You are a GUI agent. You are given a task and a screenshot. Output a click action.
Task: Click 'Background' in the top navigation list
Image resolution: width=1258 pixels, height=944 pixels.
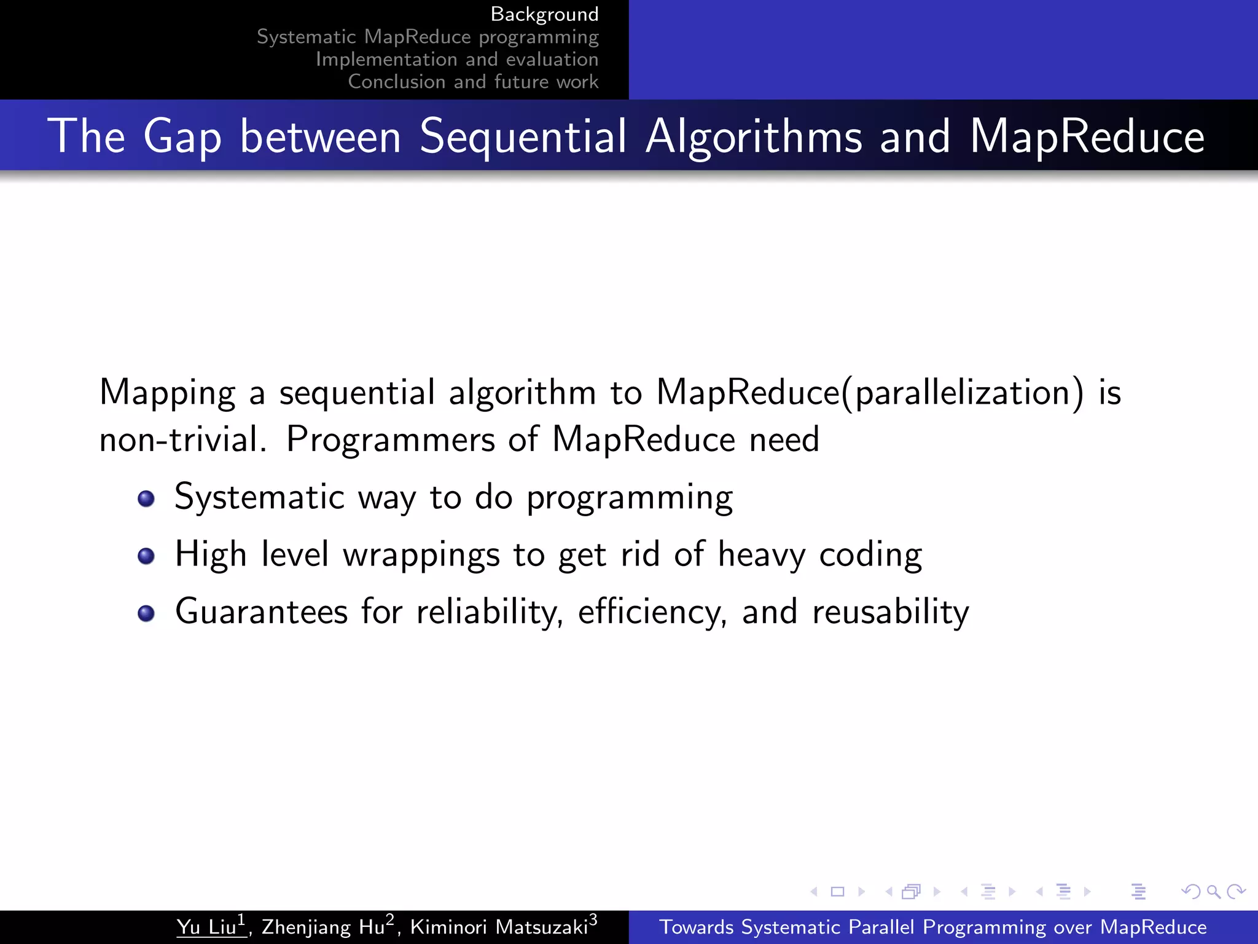point(544,14)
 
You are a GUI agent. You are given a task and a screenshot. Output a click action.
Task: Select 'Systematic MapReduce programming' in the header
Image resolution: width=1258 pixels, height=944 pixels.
point(428,37)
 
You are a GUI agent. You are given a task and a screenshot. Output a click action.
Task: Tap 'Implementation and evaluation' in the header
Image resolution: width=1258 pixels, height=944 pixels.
point(457,60)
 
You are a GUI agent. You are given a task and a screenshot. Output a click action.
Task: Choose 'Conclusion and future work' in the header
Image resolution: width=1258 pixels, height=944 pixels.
point(473,82)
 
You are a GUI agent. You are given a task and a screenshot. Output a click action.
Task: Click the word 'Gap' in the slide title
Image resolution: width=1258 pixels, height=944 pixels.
point(182,136)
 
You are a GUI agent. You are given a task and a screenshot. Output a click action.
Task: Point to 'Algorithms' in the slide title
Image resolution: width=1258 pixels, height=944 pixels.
point(754,136)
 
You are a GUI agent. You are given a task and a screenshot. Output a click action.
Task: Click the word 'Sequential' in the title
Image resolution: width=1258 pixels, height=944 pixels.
point(523,136)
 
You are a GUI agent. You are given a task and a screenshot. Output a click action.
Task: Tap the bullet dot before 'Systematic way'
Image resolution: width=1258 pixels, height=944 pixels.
point(146,498)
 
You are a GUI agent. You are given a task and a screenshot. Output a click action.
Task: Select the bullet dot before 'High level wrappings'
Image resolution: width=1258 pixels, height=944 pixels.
point(146,556)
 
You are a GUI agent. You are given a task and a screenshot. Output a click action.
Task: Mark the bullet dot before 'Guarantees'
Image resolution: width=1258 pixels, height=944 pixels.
point(146,613)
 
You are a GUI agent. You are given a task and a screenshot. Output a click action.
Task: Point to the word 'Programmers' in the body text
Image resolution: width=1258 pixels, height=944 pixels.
point(391,440)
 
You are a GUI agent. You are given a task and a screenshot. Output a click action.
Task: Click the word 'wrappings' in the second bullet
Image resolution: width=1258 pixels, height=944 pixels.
point(421,555)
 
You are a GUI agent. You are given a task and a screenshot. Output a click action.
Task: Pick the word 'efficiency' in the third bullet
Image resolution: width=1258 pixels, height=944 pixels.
point(651,612)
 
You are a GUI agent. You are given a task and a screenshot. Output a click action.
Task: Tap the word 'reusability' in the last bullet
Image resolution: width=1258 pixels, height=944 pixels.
point(891,612)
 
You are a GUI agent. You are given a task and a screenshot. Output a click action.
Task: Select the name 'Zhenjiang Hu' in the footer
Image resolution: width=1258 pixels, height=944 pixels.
point(323,927)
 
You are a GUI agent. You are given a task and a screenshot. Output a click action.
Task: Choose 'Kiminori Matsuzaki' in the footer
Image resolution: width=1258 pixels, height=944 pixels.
point(499,927)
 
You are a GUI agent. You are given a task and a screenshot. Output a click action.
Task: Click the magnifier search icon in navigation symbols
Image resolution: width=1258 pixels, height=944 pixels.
point(1213,891)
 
